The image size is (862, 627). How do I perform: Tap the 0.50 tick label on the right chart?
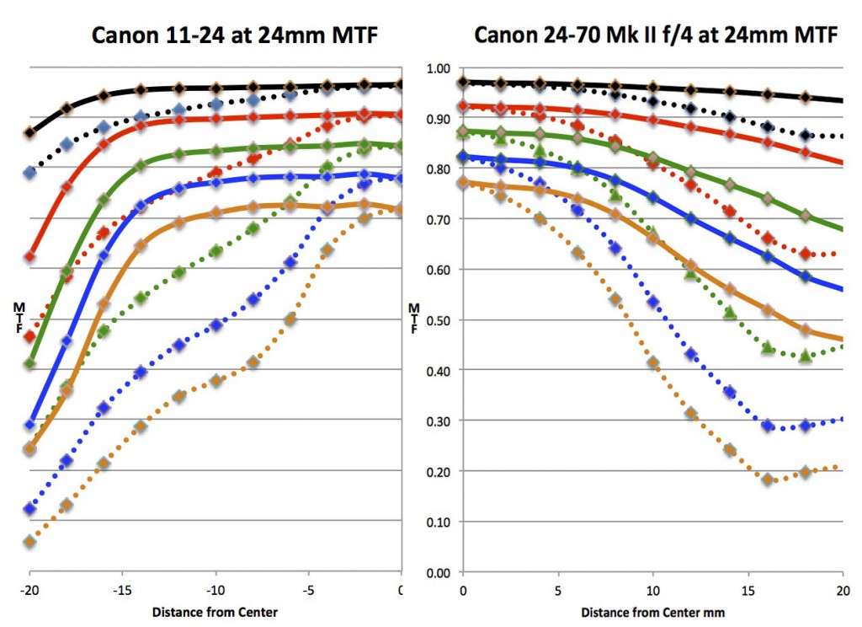click(438, 320)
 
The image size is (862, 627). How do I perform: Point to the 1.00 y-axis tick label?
click(438, 68)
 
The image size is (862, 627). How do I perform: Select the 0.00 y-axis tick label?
click(438, 572)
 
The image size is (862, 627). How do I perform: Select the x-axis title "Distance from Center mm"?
click(652, 612)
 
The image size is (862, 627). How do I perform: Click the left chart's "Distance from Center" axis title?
click(213, 612)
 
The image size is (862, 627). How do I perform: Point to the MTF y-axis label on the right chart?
click(413, 320)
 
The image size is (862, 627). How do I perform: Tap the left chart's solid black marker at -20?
click(30, 132)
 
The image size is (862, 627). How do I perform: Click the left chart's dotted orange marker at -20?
click(30, 542)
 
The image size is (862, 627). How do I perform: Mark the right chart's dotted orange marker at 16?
click(768, 479)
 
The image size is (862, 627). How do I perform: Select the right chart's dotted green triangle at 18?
click(806, 356)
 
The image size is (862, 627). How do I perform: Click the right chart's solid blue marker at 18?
click(806, 276)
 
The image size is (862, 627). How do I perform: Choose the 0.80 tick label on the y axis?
click(438, 169)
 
